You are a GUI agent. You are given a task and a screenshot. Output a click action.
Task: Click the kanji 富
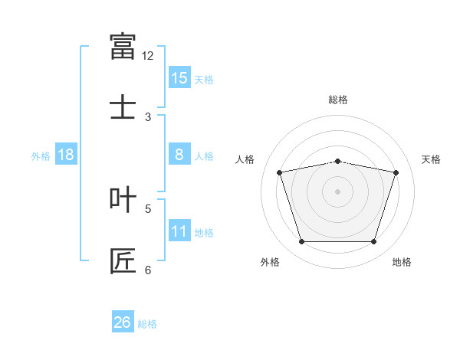pyautogui.click(x=123, y=46)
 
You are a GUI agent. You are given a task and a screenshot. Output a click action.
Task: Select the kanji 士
pyautogui.click(x=123, y=106)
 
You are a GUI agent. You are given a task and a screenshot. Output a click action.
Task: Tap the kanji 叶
pyautogui.click(x=123, y=199)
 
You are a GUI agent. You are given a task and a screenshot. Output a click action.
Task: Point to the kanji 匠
pyautogui.click(x=123, y=261)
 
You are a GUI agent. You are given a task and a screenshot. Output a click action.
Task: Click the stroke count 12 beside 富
pyautogui.click(x=147, y=56)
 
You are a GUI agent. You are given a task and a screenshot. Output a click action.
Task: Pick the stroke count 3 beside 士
pyautogui.click(x=148, y=117)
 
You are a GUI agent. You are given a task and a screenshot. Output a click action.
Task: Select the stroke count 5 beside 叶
pyautogui.click(x=148, y=209)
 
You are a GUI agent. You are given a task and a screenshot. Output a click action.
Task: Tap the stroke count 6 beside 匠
pyautogui.click(x=148, y=270)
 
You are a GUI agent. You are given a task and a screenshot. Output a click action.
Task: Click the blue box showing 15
pyautogui.click(x=179, y=77)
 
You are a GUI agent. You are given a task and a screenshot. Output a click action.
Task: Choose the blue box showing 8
pyautogui.click(x=179, y=154)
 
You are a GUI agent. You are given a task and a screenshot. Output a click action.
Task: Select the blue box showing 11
pyautogui.click(x=179, y=230)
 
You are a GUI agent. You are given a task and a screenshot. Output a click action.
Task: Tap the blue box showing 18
pyautogui.click(x=66, y=154)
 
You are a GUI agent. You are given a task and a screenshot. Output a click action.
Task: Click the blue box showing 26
pyautogui.click(x=123, y=321)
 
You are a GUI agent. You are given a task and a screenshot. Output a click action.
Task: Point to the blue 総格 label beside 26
pyautogui.click(x=147, y=324)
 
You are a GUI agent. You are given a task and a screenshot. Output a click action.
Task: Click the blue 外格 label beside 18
pyautogui.click(x=41, y=156)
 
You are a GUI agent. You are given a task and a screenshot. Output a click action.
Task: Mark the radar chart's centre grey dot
pyautogui.click(x=337, y=191)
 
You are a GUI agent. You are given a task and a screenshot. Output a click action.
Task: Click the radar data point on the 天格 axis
pyautogui.click(x=396, y=172)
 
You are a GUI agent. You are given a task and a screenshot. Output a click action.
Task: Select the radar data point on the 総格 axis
pyautogui.click(x=337, y=162)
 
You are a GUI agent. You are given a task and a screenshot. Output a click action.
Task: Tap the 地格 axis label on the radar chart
pyautogui.click(x=402, y=262)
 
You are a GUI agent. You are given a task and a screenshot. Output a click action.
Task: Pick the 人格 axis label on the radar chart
pyautogui.click(x=245, y=159)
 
